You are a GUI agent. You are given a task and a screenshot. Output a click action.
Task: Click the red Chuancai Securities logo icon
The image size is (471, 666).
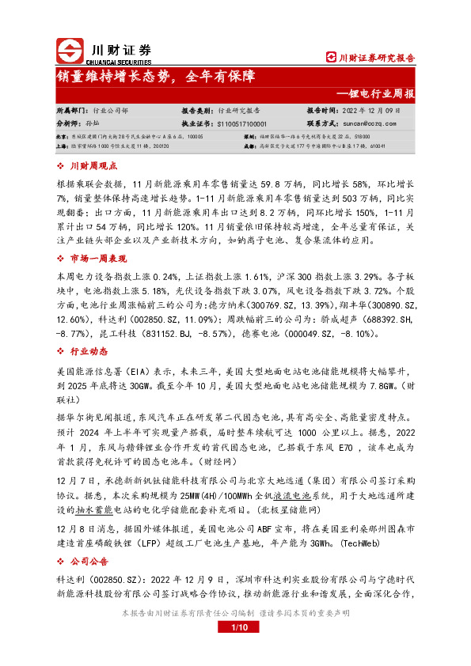(x=69, y=50)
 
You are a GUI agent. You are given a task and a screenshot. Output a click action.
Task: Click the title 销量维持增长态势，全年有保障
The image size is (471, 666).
(x=155, y=77)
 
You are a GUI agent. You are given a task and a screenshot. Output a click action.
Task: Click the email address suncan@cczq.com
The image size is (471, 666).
(x=367, y=123)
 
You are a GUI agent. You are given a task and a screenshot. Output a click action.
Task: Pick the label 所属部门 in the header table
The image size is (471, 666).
(x=70, y=112)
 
